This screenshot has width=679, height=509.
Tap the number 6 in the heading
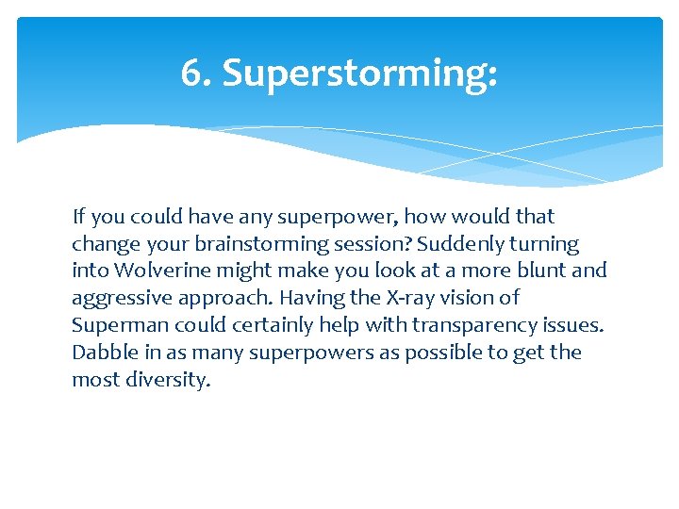[190, 74]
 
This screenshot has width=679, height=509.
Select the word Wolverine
[156, 271]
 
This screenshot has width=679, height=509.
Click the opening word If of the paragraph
[78, 216]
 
